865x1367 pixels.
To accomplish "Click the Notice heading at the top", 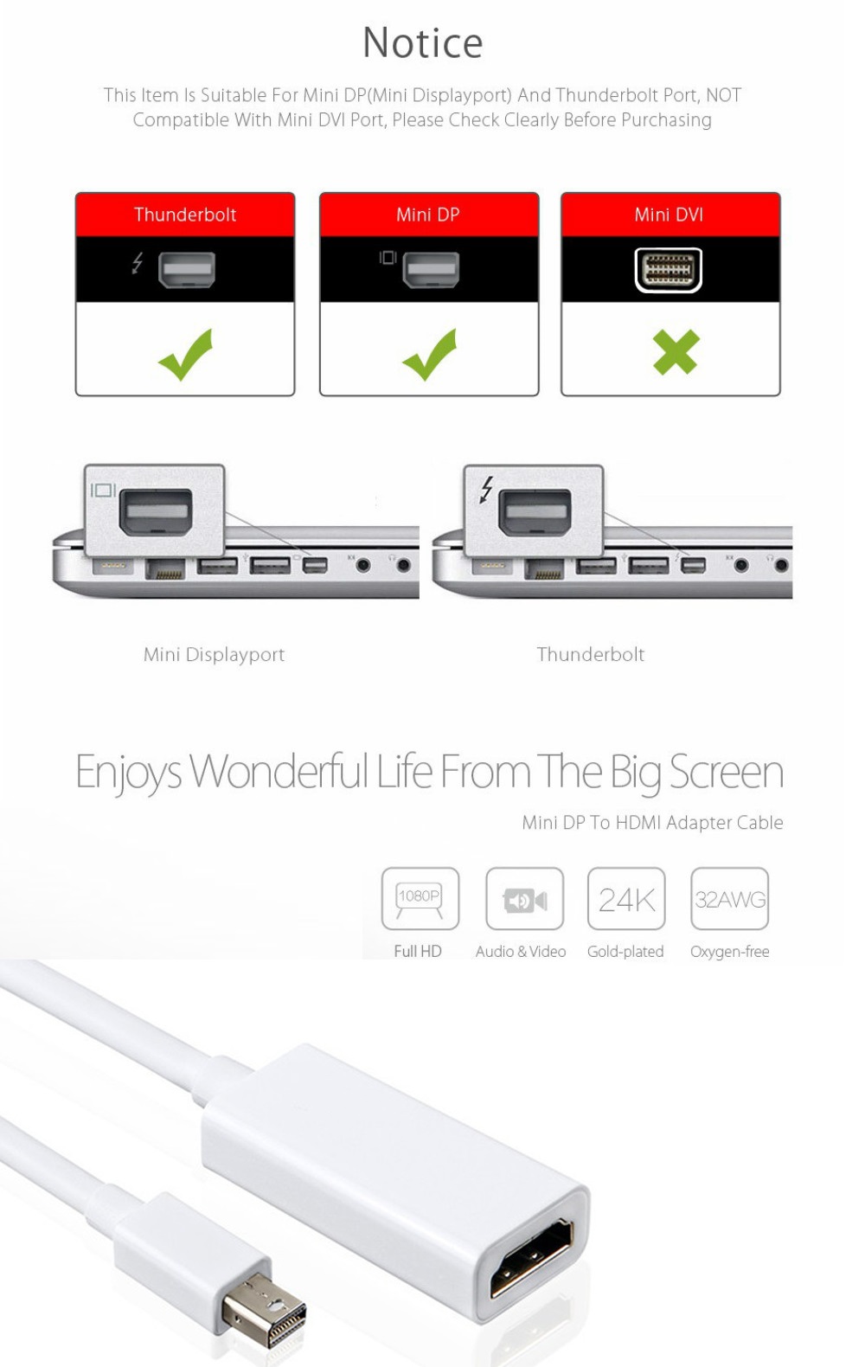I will click(x=422, y=43).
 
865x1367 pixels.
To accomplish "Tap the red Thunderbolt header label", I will click(x=185, y=215).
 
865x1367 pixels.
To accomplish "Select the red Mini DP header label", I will click(x=428, y=215).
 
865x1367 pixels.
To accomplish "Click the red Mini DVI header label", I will click(x=669, y=215).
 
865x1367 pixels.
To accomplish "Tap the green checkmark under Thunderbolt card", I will click(x=186, y=354).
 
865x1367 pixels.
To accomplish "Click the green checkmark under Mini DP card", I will click(x=430, y=354).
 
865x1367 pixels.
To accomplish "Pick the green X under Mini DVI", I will click(x=676, y=353).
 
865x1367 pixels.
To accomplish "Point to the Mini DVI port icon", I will click(x=669, y=270).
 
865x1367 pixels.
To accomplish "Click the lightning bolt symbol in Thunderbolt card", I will click(x=138, y=262).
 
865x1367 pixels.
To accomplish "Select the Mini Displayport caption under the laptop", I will click(x=214, y=654).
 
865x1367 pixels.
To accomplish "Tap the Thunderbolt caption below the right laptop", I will click(x=590, y=654).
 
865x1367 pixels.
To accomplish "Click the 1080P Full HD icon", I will click(x=420, y=899).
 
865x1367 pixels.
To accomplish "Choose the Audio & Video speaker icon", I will click(x=524, y=900).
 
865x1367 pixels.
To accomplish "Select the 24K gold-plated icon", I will click(x=626, y=900).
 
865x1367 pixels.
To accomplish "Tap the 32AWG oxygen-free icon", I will click(x=729, y=900).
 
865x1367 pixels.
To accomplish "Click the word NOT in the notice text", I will click(x=723, y=95).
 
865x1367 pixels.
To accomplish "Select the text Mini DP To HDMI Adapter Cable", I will click(x=652, y=823).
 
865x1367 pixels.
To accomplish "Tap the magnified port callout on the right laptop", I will click(x=534, y=510).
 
